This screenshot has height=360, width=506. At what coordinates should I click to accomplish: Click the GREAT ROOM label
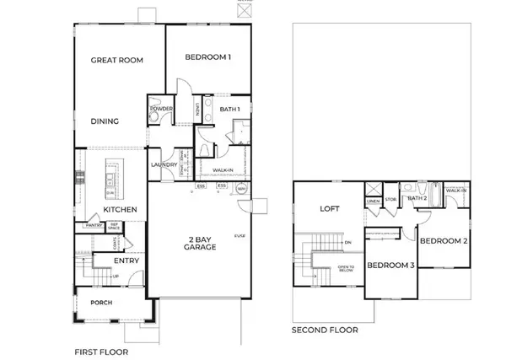click(x=118, y=60)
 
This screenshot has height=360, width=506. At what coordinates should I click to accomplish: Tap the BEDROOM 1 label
click(x=208, y=57)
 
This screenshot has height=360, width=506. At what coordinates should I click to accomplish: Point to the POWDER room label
click(x=161, y=109)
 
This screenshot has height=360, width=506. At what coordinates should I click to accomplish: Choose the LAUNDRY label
click(x=163, y=165)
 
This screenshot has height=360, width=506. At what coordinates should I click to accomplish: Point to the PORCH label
click(x=101, y=303)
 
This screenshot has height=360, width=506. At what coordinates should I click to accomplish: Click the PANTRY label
click(x=92, y=226)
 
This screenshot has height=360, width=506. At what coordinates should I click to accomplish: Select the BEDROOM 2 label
click(x=443, y=240)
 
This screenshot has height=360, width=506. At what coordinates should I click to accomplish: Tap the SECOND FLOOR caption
click(x=324, y=330)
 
